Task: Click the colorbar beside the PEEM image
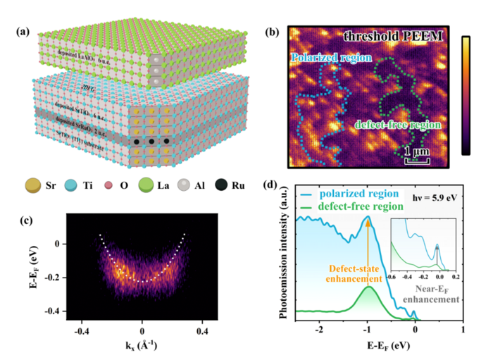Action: click(468, 94)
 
